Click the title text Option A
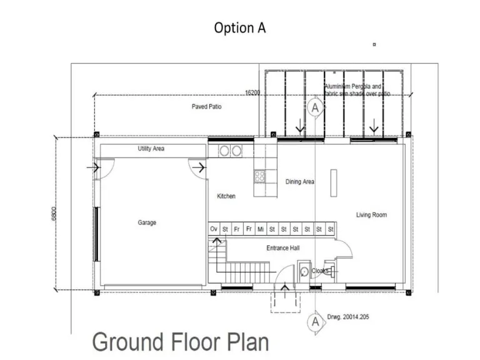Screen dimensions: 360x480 (x=239, y=28)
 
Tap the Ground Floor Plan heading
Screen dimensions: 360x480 (x=181, y=342)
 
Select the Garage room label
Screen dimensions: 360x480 (x=147, y=222)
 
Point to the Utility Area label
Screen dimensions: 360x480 (x=151, y=149)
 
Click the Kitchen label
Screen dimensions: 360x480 (x=226, y=196)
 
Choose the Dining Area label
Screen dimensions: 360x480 (x=300, y=182)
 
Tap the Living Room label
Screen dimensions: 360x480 (x=371, y=215)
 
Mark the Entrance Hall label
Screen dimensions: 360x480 (x=282, y=248)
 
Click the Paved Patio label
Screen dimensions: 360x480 (x=206, y=107)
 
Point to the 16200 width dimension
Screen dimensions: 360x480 (x=252, y=92)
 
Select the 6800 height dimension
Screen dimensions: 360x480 (x=54, y=214)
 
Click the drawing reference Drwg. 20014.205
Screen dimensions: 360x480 (x=348, y=317)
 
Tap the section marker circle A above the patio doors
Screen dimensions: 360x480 (x=316, y=107)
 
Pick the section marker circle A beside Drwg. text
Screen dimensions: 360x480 (x=316, y=322)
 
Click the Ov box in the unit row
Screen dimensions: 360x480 (x=214, y=229)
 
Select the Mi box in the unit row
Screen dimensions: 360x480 (x=260, y=229)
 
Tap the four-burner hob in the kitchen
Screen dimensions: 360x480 (x=259, y=176)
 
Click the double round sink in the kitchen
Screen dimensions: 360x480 (x=231, y=151)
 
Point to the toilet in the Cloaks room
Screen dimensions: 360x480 (x=304, y=271)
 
